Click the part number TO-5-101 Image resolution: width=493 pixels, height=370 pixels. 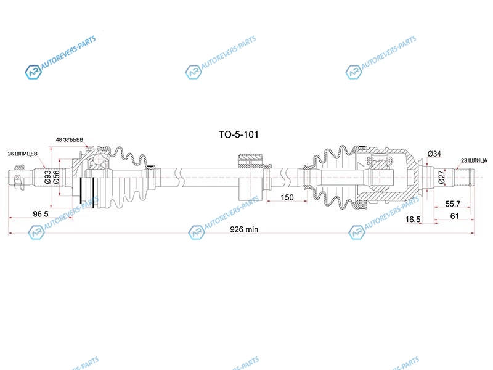(x=238, y=134)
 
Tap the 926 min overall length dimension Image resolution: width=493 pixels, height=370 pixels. (x=244, y=229)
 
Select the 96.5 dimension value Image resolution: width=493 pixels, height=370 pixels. (x=41, y=214)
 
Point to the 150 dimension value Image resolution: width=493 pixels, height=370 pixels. (x=287, y=197)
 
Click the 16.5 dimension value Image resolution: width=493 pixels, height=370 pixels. (x=413, y=220)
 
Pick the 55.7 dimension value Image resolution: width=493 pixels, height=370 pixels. (x=453, y=204)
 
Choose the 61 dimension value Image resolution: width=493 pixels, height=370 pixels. (x=455, y=216)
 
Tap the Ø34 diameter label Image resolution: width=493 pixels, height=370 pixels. (x=434, y=154)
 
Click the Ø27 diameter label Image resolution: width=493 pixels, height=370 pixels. (x=442, y=177)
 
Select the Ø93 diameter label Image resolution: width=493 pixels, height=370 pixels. (x=47, y=177)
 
